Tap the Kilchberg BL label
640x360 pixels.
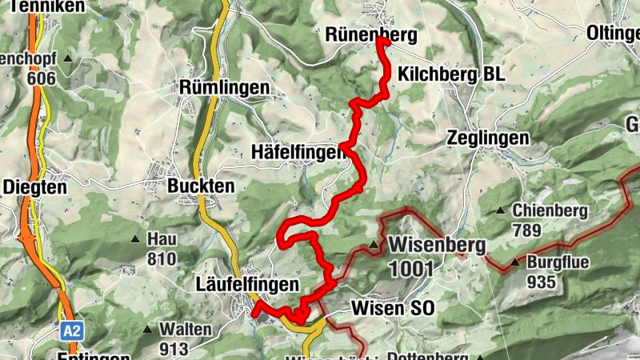pos(450,74)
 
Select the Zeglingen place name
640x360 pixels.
pos(488,138)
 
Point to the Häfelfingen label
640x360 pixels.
pos(298,151)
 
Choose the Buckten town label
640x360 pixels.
pos(201,186)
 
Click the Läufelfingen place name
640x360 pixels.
pos(246,284)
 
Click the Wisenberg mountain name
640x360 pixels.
pos(437,244)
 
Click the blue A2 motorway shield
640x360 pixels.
pos(70,330)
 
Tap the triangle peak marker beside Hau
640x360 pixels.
pos(134,239)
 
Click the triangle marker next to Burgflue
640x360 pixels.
pos(516,262)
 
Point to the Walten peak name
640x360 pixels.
pos(186,329)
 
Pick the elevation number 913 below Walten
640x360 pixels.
pos(174,349)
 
